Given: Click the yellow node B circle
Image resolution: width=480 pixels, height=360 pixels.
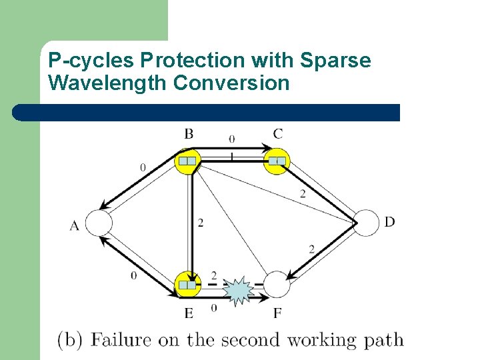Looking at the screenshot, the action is click(188, 161).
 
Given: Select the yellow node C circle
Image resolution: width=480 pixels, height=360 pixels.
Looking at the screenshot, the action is click(277, 161).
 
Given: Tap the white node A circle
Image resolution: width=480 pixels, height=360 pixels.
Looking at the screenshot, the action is click(99, 223).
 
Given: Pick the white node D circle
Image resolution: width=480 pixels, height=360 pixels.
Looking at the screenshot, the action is click(365, 223).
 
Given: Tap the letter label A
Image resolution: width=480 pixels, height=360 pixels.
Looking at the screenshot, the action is click(74, 226).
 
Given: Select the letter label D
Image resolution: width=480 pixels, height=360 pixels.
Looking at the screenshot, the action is click(389, 221).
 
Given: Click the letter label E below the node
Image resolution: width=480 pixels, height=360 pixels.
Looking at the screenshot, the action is click(189, 313).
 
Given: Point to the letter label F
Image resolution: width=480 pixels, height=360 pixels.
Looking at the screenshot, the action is click(277, 313).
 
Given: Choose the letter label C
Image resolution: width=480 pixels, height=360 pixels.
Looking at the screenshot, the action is click(277, 134).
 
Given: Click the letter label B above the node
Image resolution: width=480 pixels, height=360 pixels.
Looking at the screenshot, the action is click(189, 135).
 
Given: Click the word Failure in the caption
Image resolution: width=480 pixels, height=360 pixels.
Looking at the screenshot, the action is click(121, 339).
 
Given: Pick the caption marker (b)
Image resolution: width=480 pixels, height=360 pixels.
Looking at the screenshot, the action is click(69, 340).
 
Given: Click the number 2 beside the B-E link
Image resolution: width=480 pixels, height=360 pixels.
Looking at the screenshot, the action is click(201, 223).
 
